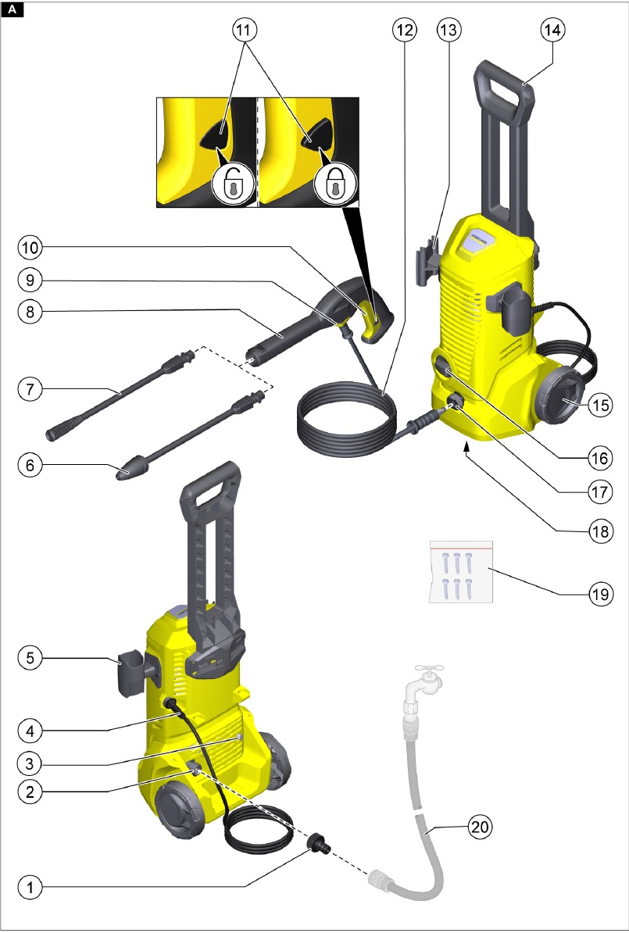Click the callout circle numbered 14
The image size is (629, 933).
553,29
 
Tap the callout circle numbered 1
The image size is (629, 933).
30,888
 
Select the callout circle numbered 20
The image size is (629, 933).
481,827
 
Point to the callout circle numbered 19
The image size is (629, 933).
600,593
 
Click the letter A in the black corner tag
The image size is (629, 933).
12,9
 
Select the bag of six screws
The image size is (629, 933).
461,572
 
